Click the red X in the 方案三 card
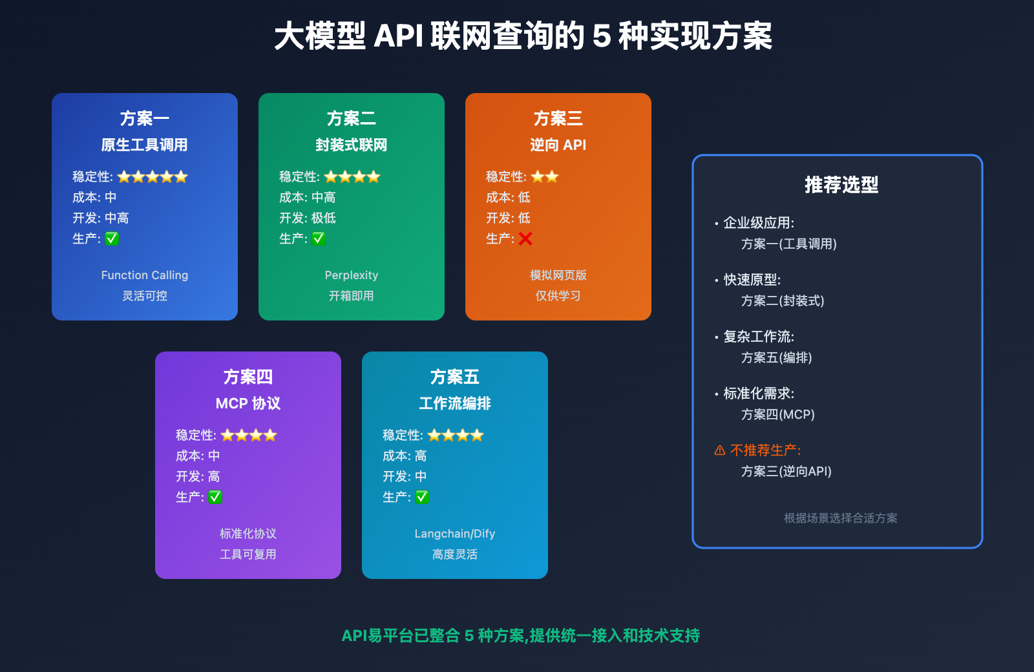tap(525, 239)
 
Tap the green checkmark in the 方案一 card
tap(112, 238)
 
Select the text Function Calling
tap(145, 275)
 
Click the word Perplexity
tap(352, 275)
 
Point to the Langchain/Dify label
tap(455, 534)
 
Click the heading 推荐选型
tap(841, 185)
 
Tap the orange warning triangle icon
tap(720, 450)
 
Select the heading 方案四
tap(248, 377)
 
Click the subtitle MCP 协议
tap(248, 404)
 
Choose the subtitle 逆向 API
tap(558, 145)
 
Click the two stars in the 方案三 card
tap(545, 177)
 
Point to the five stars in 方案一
tap(153, 177)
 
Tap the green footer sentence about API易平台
tap(521, 636)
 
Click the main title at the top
tap(523, 36)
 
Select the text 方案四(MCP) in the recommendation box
tap(778, 415)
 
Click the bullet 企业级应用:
tap(759, 223)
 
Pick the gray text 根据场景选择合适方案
tap(841, 518)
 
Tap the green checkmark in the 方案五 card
tap(422, 497)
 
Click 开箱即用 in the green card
tap(352, 296)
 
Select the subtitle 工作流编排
tap(455, 404)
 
